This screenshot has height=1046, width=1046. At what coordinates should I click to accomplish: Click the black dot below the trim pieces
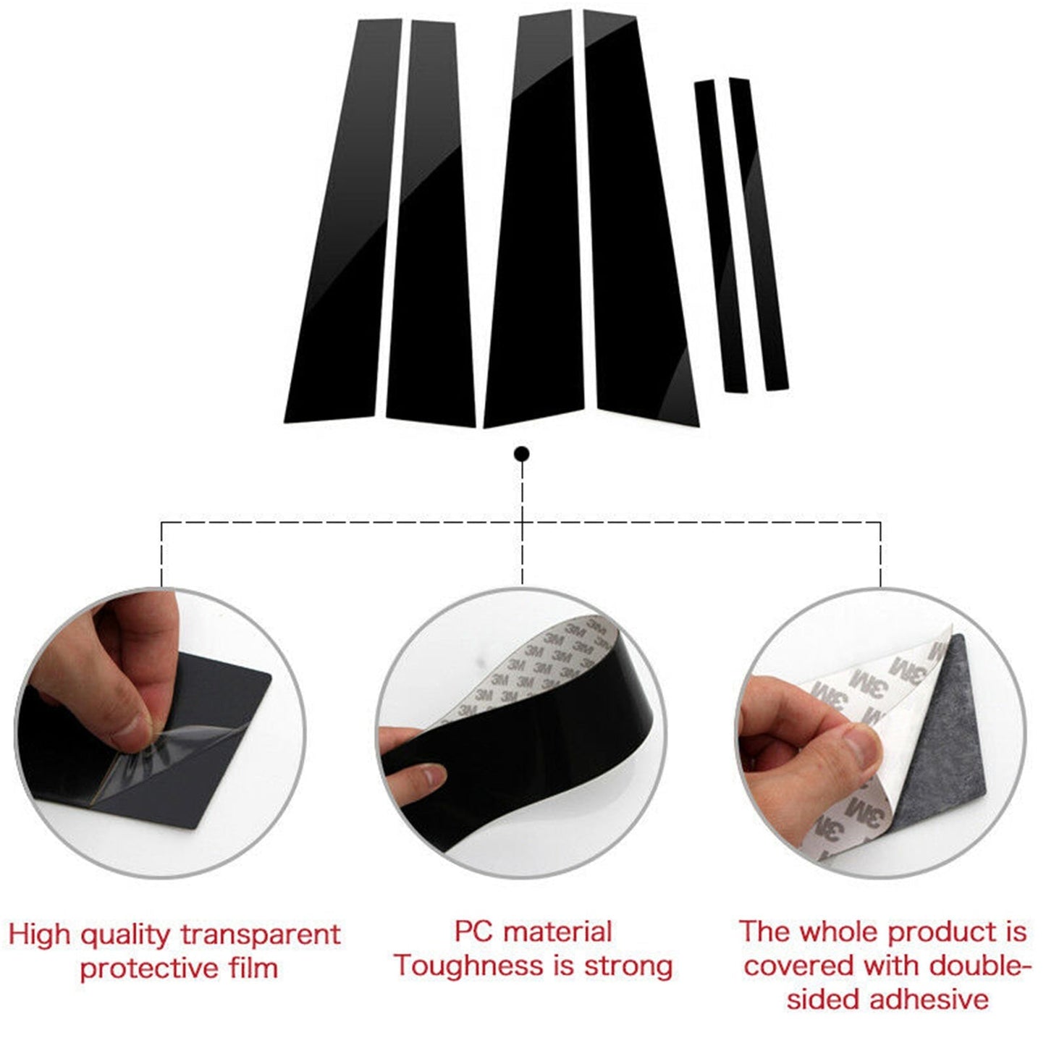522,454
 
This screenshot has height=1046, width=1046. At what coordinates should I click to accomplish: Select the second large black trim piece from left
431,222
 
